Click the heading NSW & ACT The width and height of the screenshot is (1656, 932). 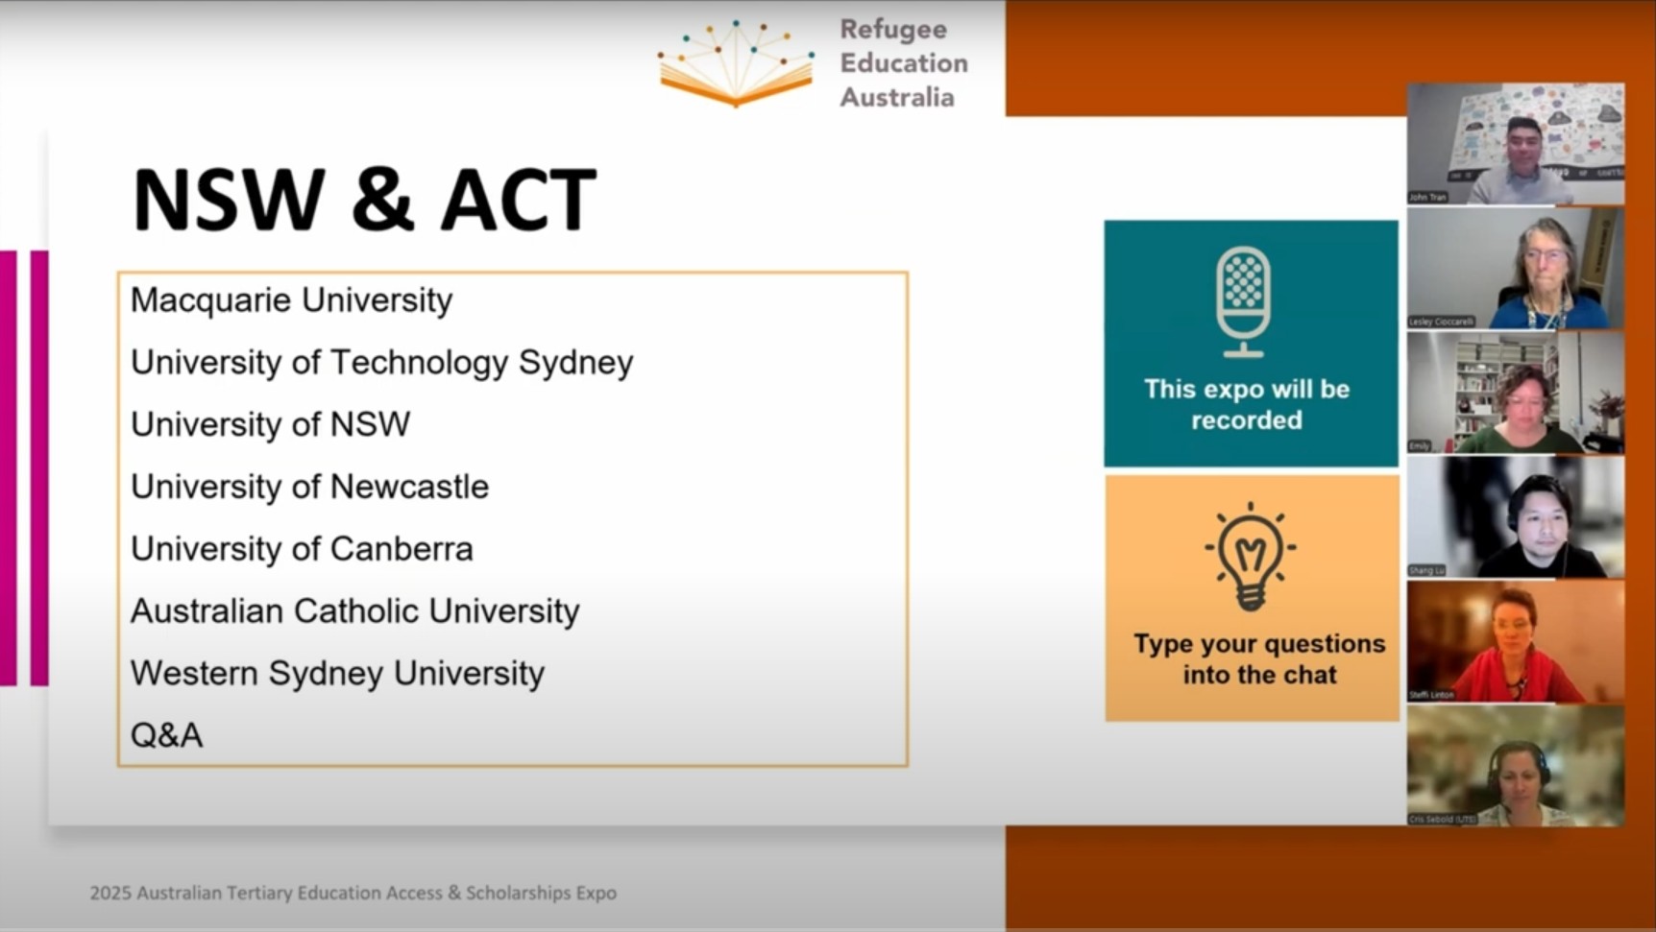[364, 201]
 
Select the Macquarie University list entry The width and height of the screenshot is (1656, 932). [291, 300]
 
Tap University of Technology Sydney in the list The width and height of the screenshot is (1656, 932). [381, 363]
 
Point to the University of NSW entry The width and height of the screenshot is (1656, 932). [270, 424]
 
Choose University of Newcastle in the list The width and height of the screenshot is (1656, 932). [309, 487]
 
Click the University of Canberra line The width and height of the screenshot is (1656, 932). [302, 549]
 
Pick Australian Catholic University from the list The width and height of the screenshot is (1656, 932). [354, 611]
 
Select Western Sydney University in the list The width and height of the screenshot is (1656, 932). [337, 674]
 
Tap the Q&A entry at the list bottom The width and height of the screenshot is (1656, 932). [166, 735]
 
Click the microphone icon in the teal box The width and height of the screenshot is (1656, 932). [1243, 301]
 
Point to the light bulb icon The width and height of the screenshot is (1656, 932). [1250, 556]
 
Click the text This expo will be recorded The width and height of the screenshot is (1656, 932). [1247, 404]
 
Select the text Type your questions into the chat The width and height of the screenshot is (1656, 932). [1259, 658]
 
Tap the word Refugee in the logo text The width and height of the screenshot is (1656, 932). [893, 30]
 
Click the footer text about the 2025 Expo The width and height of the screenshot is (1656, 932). [353, 893]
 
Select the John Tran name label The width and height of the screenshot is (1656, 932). [1427, 197]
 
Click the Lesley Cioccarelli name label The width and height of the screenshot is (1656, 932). [1441, 322]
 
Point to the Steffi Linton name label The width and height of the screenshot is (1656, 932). [1431, 695]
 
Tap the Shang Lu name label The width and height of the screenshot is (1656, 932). [1426, 570]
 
